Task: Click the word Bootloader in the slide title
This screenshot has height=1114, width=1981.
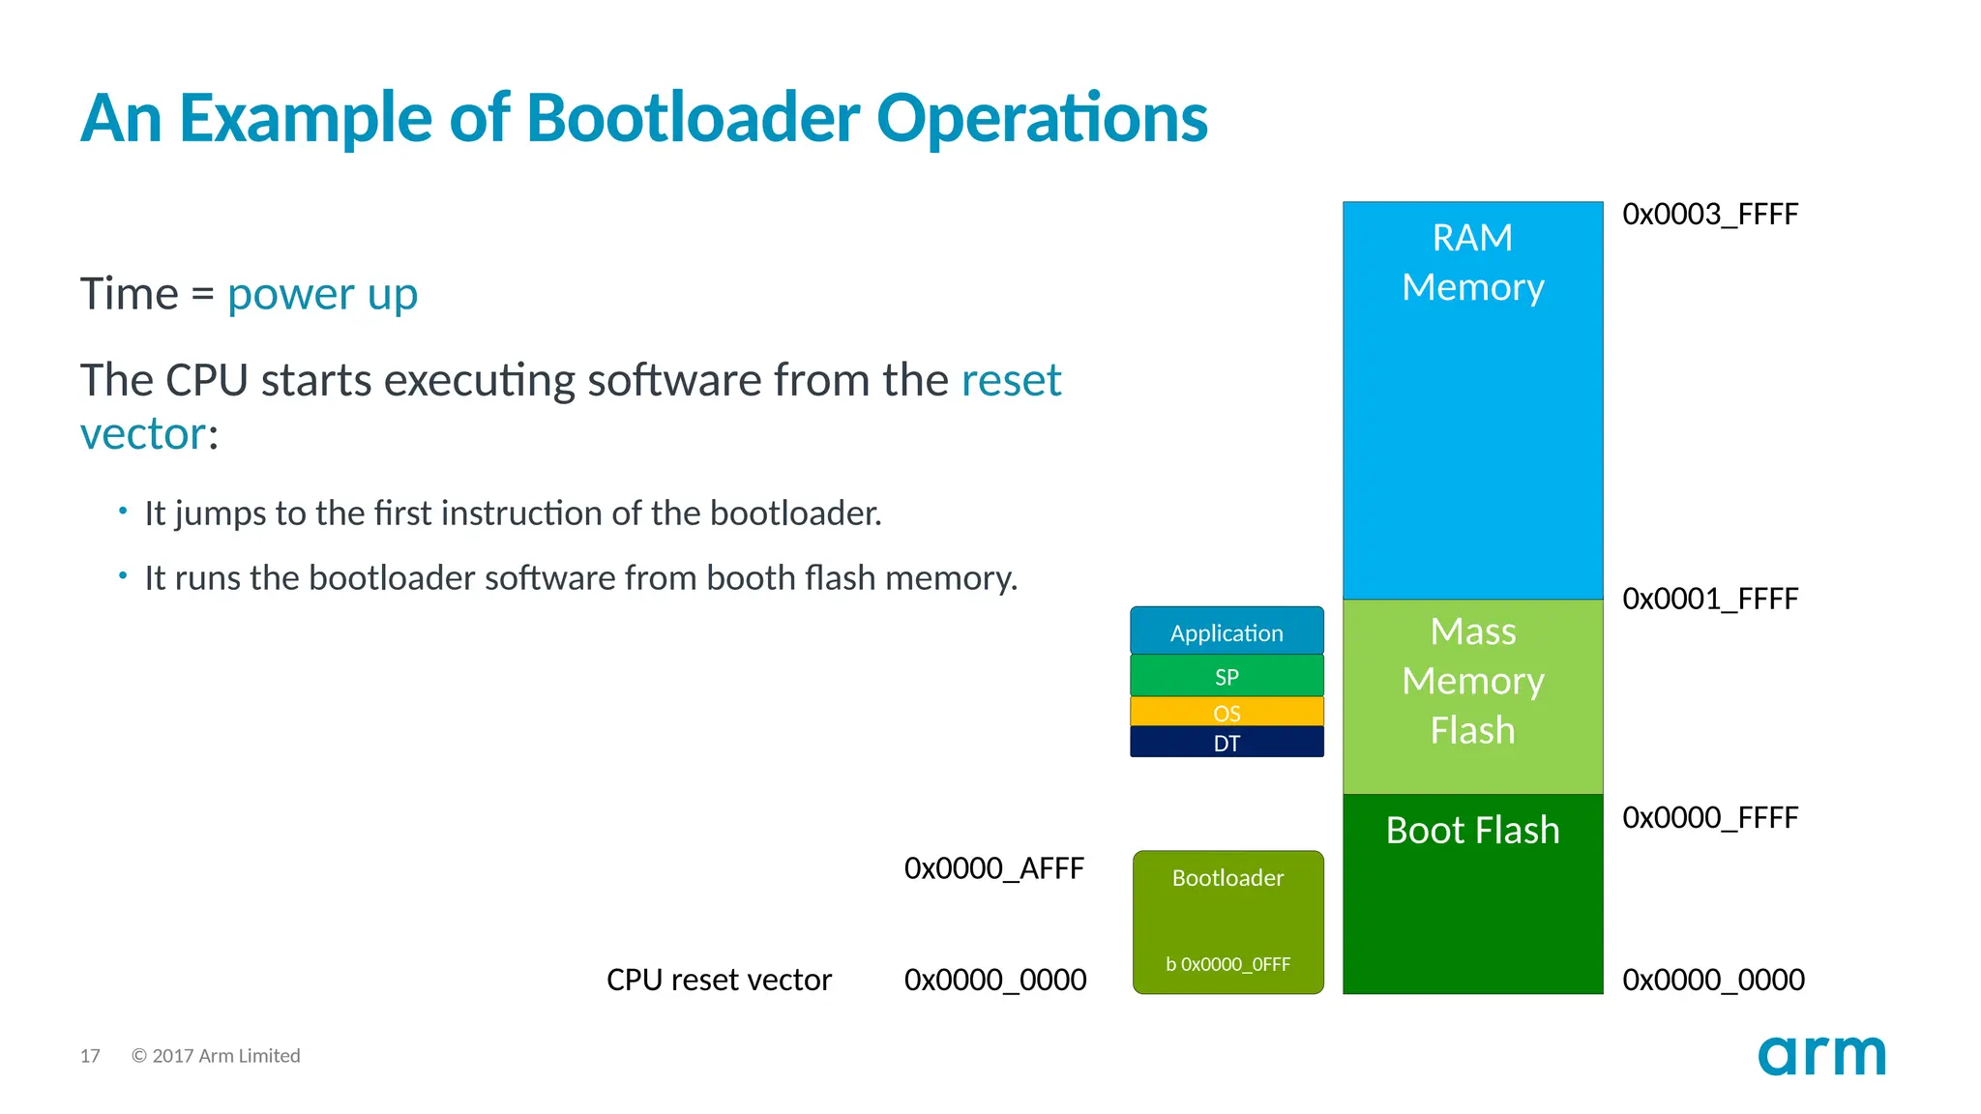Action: coord(693,118)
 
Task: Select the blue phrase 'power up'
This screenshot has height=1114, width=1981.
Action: coord(322,294)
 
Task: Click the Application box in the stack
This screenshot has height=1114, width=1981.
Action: coord(1227,632)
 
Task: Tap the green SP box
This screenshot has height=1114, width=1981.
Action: coord(1227,676)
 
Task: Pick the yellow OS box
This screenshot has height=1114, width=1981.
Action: coord(1227,713)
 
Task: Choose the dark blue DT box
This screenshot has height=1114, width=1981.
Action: coord(1227,743)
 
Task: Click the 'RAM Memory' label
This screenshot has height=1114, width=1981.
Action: coord(1472,262)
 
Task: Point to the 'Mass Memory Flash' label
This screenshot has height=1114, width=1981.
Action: coord(1472,681)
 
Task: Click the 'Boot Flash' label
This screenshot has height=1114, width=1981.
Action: coord(1472,831)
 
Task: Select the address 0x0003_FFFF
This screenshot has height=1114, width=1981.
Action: coord(1709,214)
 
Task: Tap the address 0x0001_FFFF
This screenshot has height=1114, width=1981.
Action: coord(1709,599)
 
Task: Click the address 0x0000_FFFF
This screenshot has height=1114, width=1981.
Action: coord(1709,818)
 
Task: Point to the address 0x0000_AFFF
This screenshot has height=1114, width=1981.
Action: coord(993,868)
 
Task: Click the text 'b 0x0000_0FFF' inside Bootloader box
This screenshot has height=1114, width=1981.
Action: coord(1227,964)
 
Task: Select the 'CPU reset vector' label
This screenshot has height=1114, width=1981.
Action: coord(719,980)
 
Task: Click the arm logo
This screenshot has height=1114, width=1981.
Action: coord(1821,1055)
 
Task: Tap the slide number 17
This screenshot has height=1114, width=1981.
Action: coord(90,1056)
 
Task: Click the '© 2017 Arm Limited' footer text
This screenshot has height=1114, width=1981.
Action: coord(216,1056)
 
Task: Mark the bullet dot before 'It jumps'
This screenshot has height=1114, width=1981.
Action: coord(123,511)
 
